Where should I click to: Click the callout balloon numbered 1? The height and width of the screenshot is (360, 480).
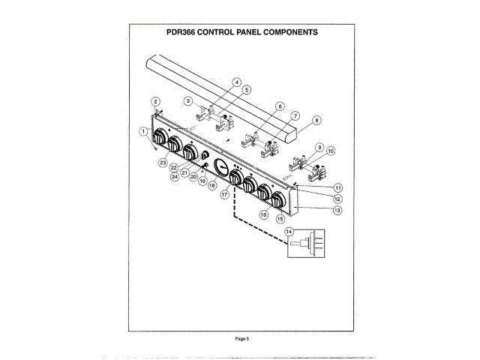[x=142, y=130]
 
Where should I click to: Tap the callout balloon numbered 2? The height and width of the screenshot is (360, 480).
[x=155, y=101]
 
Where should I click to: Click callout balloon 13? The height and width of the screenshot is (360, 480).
[x=337, y=211]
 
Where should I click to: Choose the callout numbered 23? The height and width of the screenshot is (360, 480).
[x=162, y=162]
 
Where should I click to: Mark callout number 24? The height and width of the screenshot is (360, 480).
[x=174, y=177]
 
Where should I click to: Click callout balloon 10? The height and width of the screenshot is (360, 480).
[x=331, y=151]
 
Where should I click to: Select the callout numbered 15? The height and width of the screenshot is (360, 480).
[x=281, y=220]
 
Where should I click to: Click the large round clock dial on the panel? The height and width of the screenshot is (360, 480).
[x=220, y=166]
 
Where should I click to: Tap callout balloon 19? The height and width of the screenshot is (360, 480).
[x=202, y=181]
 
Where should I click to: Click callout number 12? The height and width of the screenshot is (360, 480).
[x=338, y=199]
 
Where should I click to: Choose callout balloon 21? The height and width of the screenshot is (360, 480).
[x=184, y=172]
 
